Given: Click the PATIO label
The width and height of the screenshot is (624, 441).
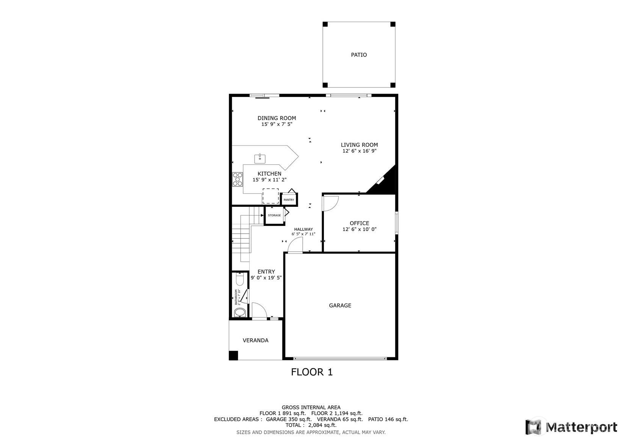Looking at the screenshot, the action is coord(359,55).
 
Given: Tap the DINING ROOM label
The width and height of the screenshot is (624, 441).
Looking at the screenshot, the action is coord(277,118).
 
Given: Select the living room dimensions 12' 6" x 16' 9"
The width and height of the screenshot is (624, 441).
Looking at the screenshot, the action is coord(359,151).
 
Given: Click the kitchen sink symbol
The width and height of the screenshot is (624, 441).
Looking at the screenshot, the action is coord(260,159).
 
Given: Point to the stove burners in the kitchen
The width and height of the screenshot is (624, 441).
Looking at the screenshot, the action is coord(238,180).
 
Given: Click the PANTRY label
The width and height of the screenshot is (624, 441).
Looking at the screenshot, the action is coord(289,200).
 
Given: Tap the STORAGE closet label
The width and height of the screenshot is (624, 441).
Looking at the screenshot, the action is coord(274,215).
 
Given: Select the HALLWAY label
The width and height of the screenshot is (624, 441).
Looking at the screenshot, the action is coord(303,229).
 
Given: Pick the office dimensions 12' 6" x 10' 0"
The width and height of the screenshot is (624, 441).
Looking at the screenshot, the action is coord(359,229).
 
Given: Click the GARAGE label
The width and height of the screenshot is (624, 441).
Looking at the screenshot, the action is coord(340,305).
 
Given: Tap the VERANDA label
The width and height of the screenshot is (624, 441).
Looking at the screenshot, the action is coord(255,340).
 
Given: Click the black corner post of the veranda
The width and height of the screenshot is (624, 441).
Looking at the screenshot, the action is coord(233,355).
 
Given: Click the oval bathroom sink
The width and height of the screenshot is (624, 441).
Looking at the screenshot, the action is coord(240,312).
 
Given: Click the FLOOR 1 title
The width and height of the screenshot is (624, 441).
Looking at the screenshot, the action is coord(312,372).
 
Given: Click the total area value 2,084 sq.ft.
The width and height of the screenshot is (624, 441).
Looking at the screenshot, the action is coord(322,425).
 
